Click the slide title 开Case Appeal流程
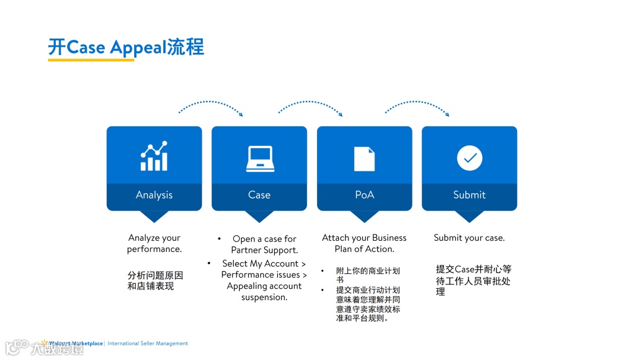tap(126, 47)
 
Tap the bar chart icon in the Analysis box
tap(154, 156)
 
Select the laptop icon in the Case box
tap(259, 158)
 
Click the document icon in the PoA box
tap(364, 158)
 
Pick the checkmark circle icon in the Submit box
tap(469, 158)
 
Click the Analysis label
tap(154, 195)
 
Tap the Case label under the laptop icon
tap(259, 195)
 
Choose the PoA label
tap(364, 195)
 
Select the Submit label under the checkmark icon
tap(469, 195)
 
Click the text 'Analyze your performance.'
tap(154, 243)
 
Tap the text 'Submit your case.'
tap(469, 238)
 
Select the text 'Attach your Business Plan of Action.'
tap(364, 243)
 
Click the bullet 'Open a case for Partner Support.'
tap(264, 244)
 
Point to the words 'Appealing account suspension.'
tap(264, 292)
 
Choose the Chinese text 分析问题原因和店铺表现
tap(155, 281)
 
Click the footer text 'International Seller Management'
tap(148, 343)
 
